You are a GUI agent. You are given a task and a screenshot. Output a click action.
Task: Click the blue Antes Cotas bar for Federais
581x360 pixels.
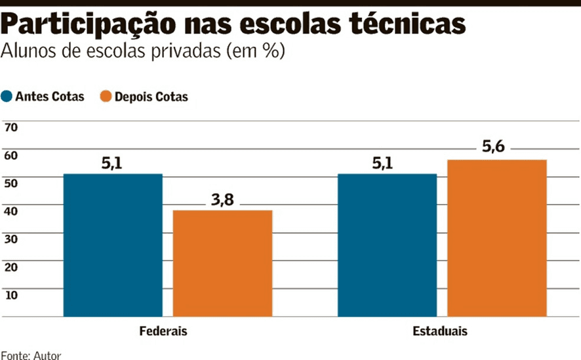tap(113, 245)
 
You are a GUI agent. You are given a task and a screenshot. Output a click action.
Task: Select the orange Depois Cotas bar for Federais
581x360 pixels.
tap(222, 263)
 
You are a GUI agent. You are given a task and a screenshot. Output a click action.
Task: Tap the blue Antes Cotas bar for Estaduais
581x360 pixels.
tap(387, 245)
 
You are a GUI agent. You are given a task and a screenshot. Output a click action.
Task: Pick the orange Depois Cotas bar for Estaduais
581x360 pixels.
tap(496, 237)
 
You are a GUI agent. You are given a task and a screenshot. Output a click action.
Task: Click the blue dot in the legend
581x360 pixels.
tap(7, 96)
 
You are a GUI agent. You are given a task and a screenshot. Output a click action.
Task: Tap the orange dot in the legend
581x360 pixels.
tap(105, 96)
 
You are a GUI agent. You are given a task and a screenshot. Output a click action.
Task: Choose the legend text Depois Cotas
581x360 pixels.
tap(151, 96)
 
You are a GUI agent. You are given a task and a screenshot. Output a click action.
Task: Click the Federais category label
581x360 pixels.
tap(163, 331)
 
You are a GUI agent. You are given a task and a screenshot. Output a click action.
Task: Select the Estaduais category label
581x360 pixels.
tap(440, 331)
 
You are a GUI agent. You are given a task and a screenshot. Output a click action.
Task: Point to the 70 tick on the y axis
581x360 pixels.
tap(11, 127)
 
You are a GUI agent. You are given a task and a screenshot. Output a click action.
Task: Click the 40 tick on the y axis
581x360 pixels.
tap(11, 210)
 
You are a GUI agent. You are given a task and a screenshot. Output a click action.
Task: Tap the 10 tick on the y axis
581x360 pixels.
tap(11, 294)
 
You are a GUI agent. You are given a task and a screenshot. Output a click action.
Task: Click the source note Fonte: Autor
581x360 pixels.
tap(31, 355)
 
